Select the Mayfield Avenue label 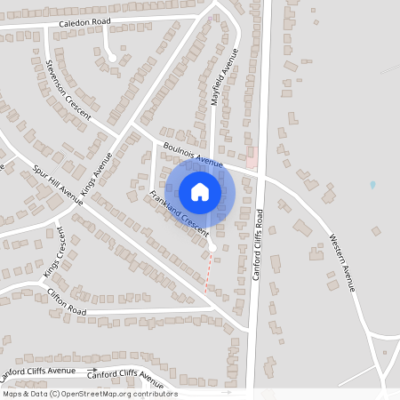point(226,78)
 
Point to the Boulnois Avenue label point(193,154)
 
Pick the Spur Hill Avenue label point(58,185)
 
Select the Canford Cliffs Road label point(259,244)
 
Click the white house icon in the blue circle point(200,192)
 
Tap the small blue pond point(372,185)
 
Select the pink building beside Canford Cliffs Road point(252,157)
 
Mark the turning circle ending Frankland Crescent point(212,246)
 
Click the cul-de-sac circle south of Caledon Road point(112,59)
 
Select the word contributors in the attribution point(155,394)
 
